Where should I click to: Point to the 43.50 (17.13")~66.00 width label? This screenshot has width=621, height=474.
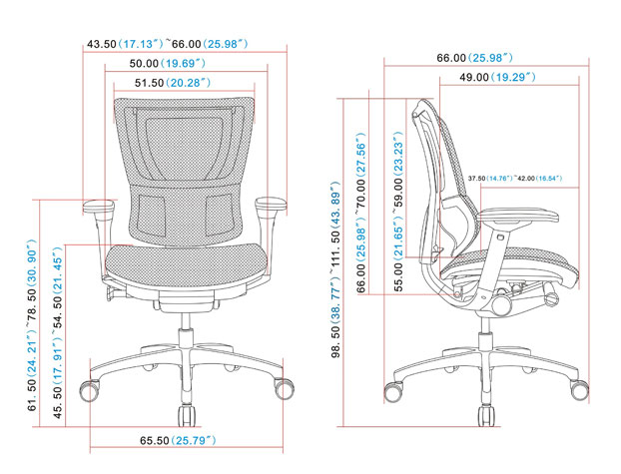(174, 44)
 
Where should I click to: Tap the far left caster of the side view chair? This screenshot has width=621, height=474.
(395, 390)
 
